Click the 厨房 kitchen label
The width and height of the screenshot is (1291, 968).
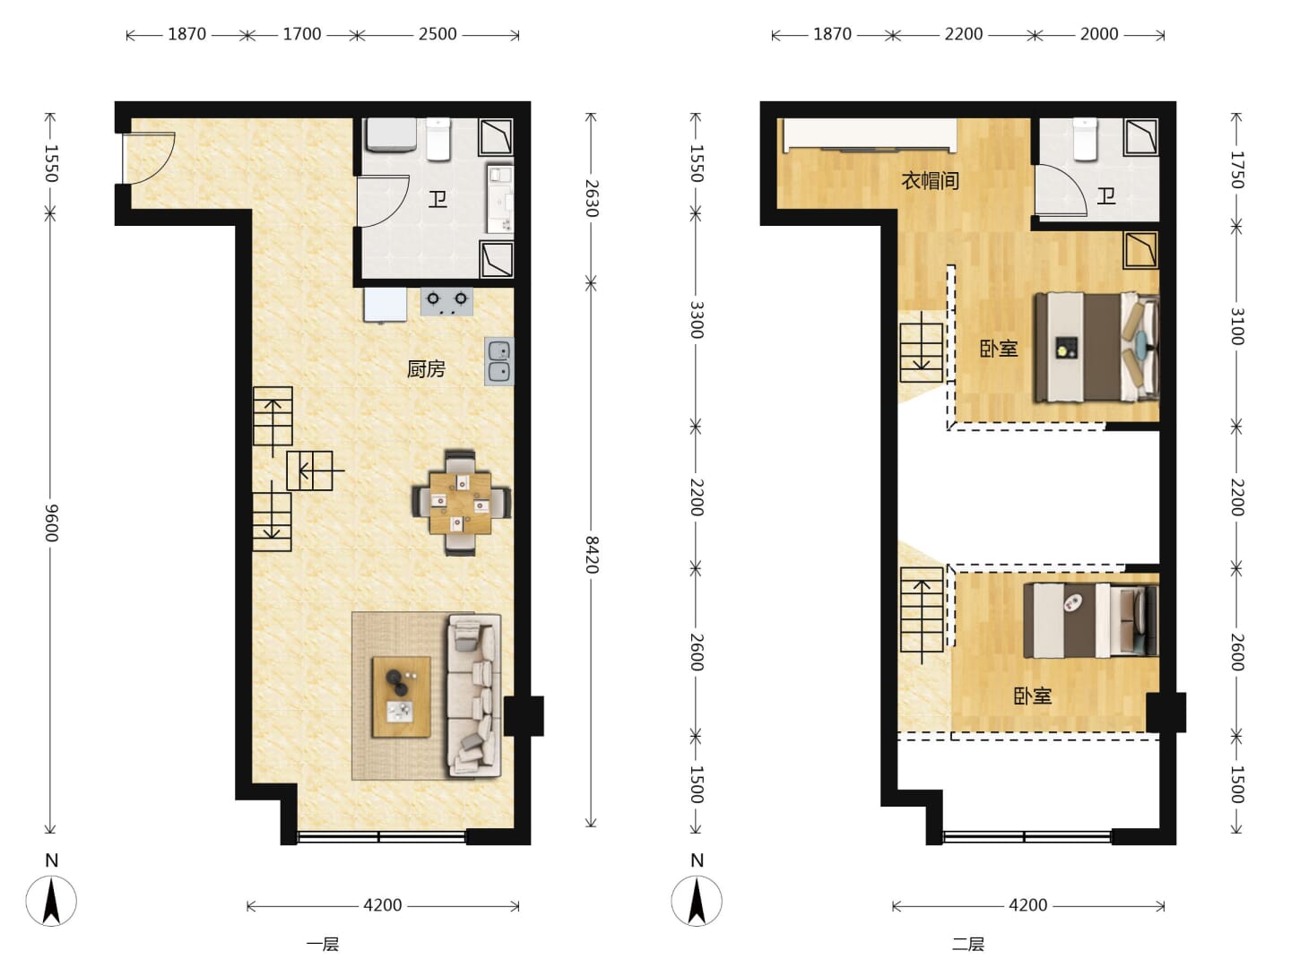[x=427, y=369]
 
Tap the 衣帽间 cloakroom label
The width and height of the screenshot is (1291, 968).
[x=930, y=180]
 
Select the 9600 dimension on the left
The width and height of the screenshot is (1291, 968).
[x=51, y=523]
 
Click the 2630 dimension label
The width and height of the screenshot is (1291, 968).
[x=592, y=198]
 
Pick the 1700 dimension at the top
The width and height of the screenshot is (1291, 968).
[x=302, y=34]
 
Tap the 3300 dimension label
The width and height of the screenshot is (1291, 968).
[x=697, y=320]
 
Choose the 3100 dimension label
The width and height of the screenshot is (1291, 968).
[x=1237, y=326]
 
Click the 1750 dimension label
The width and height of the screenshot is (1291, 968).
[x=1237, y=170]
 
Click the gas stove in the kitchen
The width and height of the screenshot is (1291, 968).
[x=447, y=301]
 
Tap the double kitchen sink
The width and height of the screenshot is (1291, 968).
[x=498, y=361]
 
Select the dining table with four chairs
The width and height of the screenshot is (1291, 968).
[x=461, y=503]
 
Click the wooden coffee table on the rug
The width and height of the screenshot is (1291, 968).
[x=401, y=696]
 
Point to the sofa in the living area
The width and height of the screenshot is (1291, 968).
[x=474, y=696]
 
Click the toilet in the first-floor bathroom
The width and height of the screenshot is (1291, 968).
[x=438, y=139]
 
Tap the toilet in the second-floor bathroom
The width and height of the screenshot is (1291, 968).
[x=1085, y=139]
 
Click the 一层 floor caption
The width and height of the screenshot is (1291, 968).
[x=323, y=945]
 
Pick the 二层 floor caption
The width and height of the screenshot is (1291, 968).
[x=968, y=945]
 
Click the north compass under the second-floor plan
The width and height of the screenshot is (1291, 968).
[x=697, y=901]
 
